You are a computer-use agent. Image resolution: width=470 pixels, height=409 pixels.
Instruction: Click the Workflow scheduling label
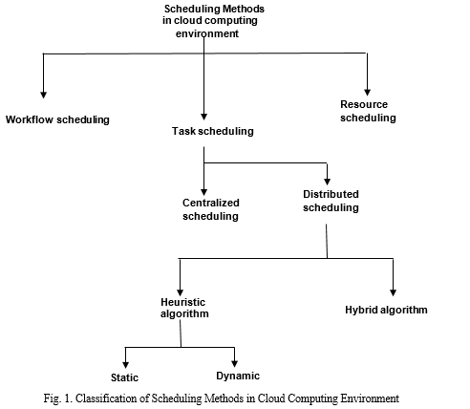click(57, 119)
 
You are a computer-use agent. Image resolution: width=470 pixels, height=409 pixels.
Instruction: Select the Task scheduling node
click(213, 131)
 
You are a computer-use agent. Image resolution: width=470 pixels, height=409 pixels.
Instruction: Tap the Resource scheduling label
click(368, 111)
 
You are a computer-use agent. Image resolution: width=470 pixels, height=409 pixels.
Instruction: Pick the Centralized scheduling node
click(210, 209)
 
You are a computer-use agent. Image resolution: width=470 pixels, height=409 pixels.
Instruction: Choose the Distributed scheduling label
click(331, 201)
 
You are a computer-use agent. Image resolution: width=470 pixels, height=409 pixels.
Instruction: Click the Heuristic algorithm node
click(184, 308)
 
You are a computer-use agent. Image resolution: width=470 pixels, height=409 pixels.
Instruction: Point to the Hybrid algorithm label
click(386, 310)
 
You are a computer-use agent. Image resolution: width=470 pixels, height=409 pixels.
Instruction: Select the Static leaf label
click(124, 377)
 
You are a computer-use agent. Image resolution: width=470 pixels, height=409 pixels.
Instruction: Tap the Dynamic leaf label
click(238, 376)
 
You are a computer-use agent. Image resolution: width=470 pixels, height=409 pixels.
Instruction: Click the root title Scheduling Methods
click(214, 9)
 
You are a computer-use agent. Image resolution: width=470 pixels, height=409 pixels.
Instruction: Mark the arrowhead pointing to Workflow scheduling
click(44, 95)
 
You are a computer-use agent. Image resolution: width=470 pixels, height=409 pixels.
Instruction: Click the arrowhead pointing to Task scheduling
click(204, 117)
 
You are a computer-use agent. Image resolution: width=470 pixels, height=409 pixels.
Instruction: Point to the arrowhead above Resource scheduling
click(367, 93)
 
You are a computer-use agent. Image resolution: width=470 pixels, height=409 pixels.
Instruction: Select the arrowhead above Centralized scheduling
click(204, 192)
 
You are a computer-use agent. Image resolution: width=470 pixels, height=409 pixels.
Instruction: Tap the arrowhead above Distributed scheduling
click(327, 182)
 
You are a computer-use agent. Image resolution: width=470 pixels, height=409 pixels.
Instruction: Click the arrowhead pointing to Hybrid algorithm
click(394, 293)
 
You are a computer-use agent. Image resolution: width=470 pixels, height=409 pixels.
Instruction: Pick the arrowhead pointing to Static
click(126, 365)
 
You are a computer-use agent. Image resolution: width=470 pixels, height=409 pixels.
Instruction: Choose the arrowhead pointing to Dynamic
click(235, 363)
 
